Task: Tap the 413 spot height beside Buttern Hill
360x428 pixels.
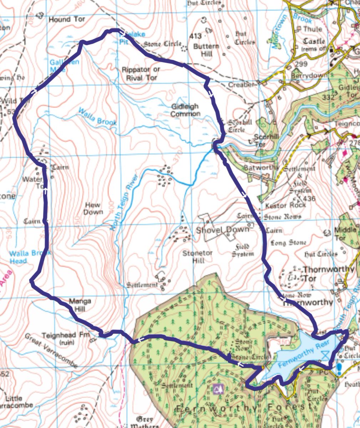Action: [x=196, y=36]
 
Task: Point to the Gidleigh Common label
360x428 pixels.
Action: [x=185, y=110]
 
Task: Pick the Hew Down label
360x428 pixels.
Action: [x=93, y=208]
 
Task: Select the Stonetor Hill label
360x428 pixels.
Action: [x=198, y=257]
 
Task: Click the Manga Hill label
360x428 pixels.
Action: [x=80, y=305]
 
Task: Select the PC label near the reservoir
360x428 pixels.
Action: [x=324, y=372]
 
